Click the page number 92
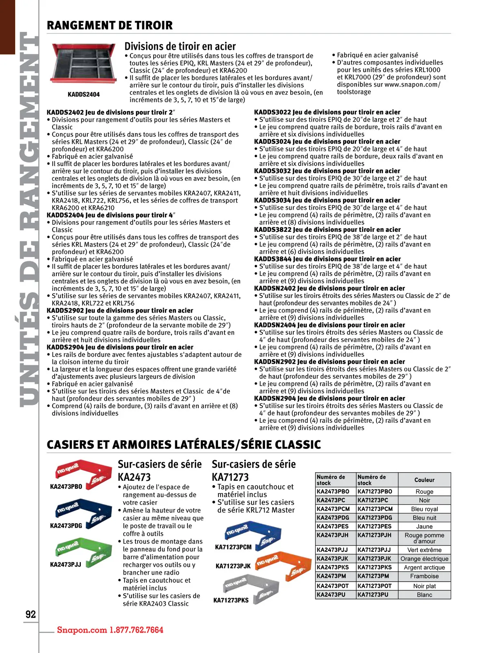click(x=31, y=614)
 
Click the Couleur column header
click(x=424, y=480)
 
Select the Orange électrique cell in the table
click(x=424, y=559)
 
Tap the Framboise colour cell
click(x=424, y=576)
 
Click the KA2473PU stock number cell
click(x=331, y=595)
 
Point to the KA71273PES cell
click(x=374, y=526)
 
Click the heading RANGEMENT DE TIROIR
click(x=109, y=25)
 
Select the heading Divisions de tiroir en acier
click(x=180, y=46)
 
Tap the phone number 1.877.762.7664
click(x=136, y=630)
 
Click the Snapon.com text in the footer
click(x=82, y=630)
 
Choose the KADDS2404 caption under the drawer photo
click(x=83, y=94)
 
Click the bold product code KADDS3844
click(x=272, y=259)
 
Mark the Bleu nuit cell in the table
click(x=424, y=518)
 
